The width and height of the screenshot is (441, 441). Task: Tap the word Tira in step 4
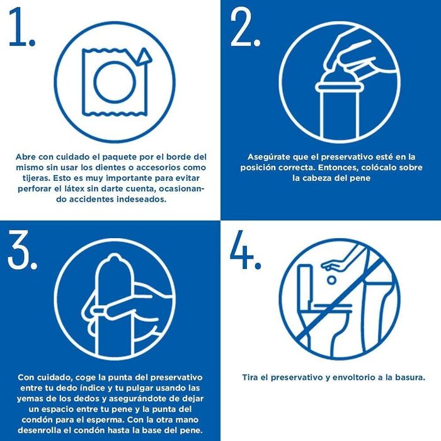point(251,377)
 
